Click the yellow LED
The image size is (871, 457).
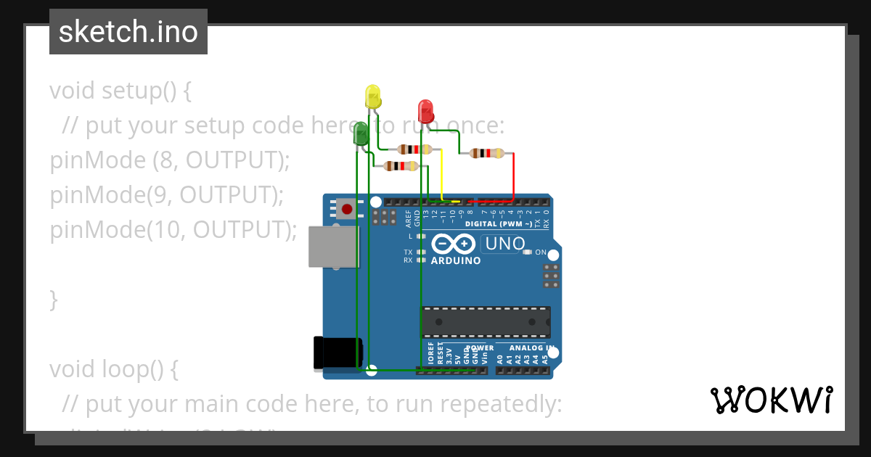(372, 98)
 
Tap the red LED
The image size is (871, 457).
(426, 112)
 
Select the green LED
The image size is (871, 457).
(361, 134)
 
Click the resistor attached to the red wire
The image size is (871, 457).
(486, 153)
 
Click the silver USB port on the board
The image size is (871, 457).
(333, 247)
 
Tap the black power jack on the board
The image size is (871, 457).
(336, 353)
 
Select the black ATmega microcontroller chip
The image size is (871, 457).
(485, 322)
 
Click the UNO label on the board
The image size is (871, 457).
(504, 244)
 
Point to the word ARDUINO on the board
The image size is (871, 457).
(455, 260)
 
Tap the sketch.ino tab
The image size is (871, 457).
(128, 32)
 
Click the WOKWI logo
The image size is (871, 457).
(771, 400)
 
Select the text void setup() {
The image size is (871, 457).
(120, 91)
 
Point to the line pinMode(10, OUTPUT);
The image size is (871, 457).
(173, 230)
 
